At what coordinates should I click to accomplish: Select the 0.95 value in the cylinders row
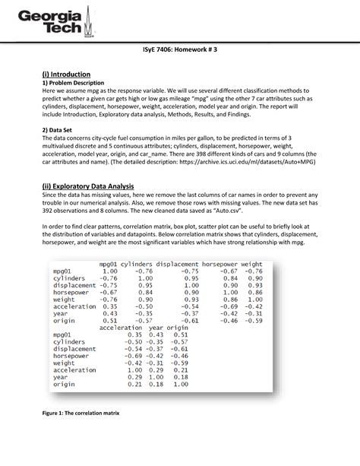[x=189, y=278]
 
